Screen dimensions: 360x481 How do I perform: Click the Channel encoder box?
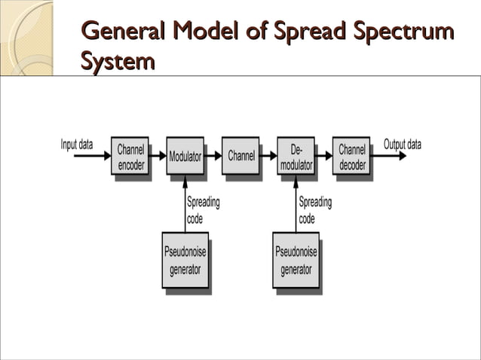point(130,157)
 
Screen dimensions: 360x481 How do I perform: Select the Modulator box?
point(185,157)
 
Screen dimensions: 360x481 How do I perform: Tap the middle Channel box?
point(240,156)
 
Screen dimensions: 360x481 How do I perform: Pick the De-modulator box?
point(296,157)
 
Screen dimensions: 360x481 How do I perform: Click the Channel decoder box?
point(351,157)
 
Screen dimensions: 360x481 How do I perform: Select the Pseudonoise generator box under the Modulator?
point(185,260)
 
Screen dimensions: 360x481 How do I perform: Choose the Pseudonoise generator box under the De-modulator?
point(296,260)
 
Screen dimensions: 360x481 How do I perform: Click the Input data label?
point(77,145)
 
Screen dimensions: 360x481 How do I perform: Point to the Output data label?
point(403,145)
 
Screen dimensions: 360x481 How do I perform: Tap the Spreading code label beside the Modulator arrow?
point(203,210)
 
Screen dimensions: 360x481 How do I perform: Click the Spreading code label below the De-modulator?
point(314,210)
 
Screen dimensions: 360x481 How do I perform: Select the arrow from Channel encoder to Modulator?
point(157,157)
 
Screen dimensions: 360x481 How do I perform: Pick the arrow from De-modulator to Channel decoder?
point(323,157)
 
